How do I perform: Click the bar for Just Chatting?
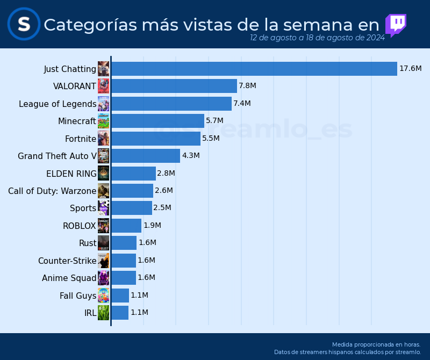coord(254,69)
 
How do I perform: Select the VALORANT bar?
coord(174,86)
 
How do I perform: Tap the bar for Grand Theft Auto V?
coord(145,156)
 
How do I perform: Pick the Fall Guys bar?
coord(120,296)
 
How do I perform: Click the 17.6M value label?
coord(410,69)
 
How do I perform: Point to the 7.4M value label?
coord(242,103)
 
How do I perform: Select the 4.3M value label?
coord(191,156)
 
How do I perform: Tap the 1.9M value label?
coord(152,226)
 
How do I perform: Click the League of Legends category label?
coord(58,104)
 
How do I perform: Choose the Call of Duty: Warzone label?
coord(52,191)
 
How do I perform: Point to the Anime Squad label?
coord(69,278)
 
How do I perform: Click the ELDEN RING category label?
coord(71,174)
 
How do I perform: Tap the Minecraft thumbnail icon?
coord(103,121)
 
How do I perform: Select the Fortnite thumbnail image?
coord(103,139)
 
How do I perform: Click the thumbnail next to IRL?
coord(103,313)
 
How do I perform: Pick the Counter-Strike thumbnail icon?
coord(103,261)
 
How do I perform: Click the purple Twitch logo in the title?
coord(396,25)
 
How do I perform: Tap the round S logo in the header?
coord(24,24)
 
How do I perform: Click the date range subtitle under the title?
coord(317,38)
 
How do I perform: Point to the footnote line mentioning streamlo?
coord(347,352)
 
